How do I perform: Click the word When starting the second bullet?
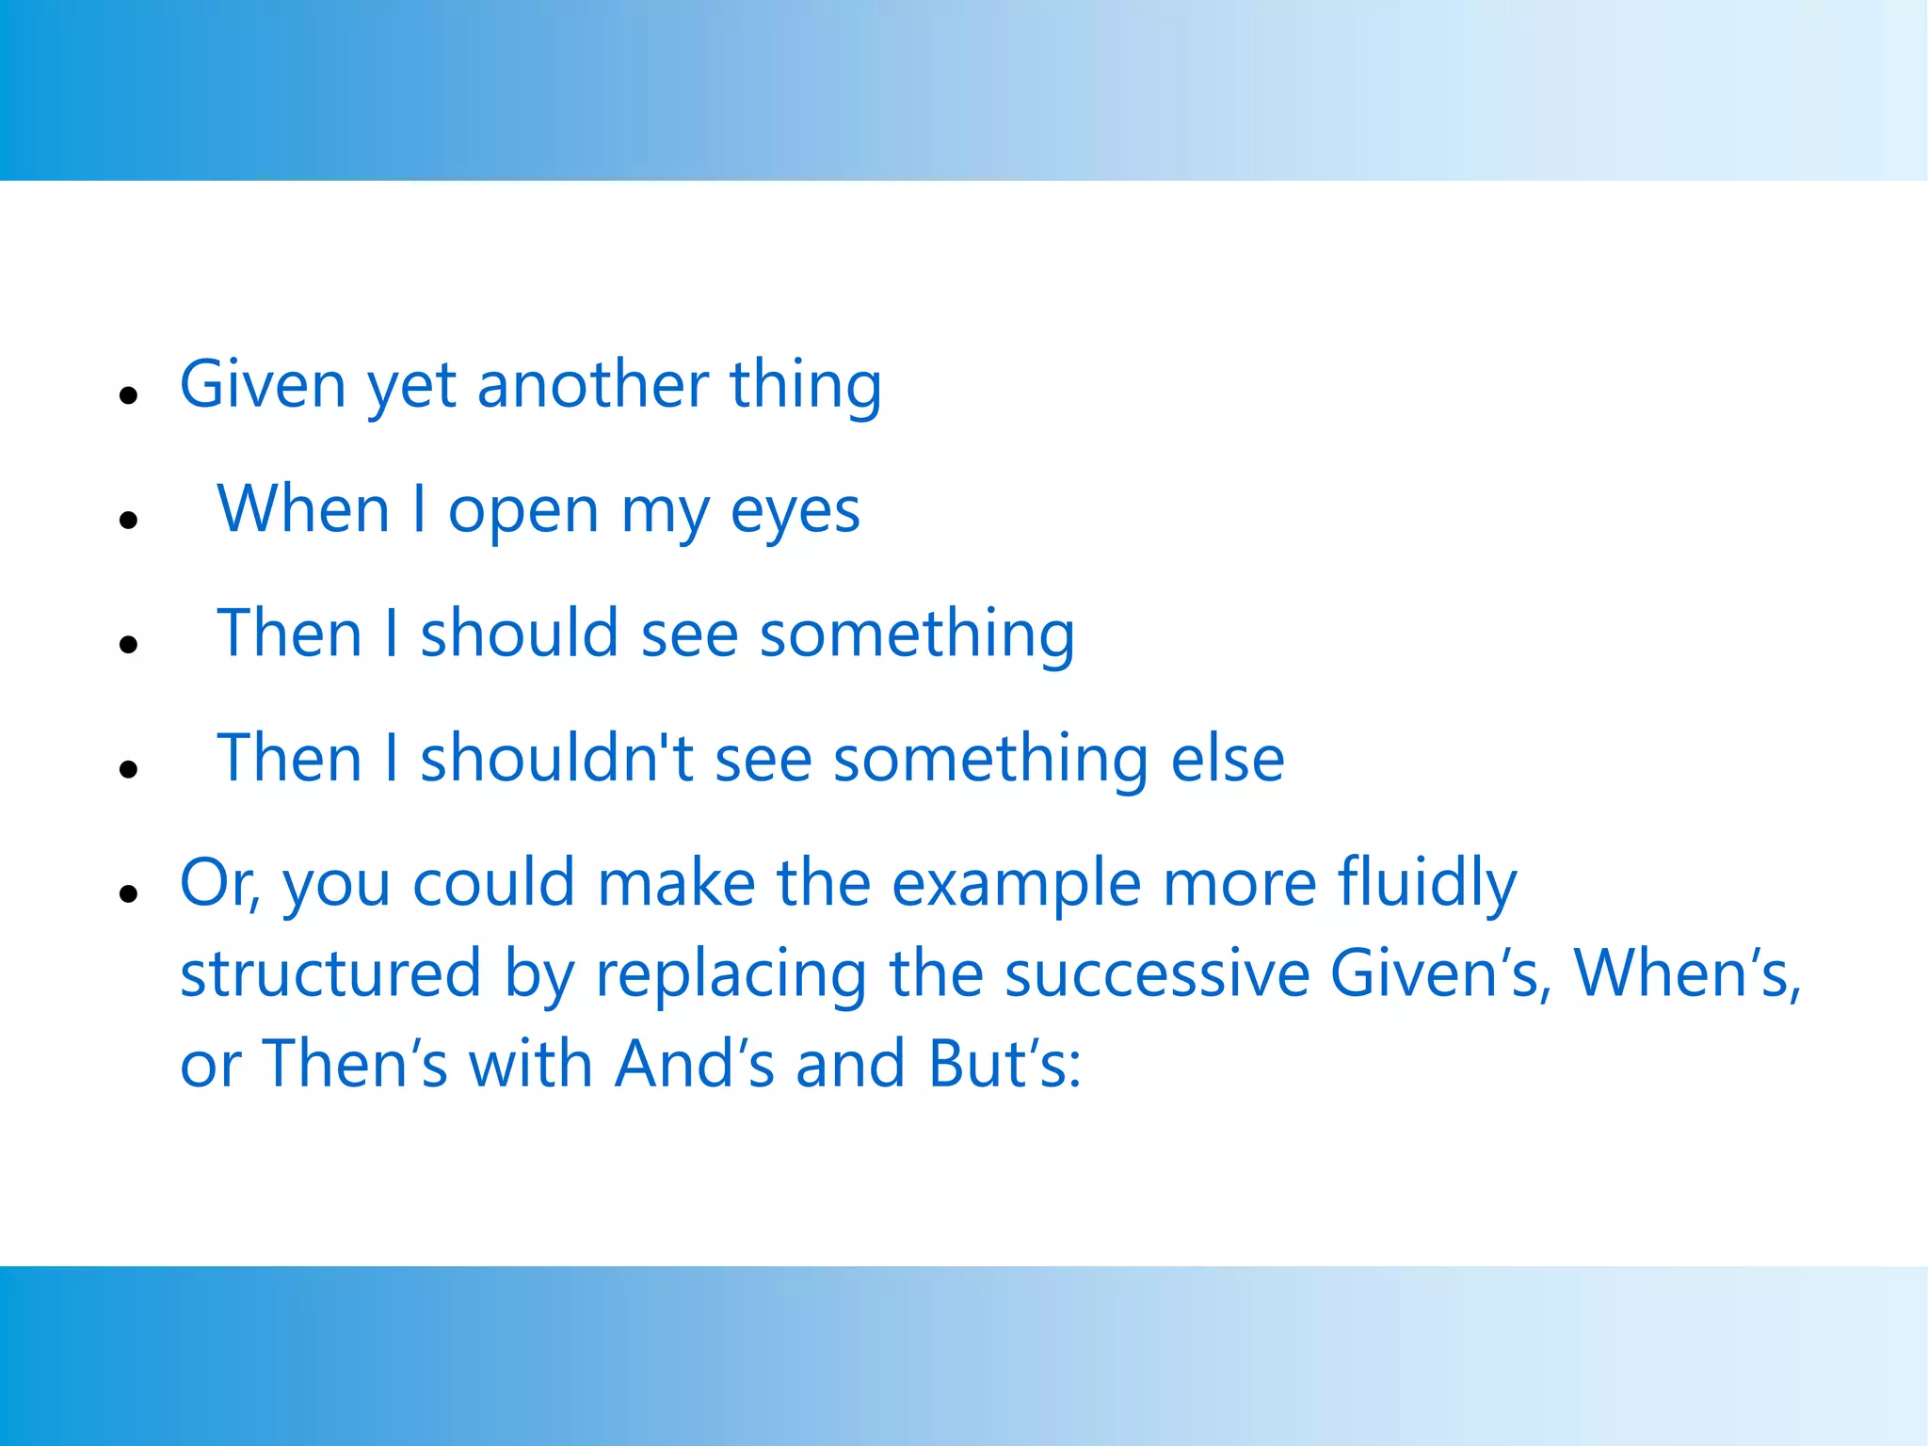[303, 509]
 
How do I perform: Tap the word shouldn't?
[556, 758]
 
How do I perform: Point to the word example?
[1017, 885]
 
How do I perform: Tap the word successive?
[1157, 973]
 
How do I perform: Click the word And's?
[695, 1064]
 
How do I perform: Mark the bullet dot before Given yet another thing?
[129, 395]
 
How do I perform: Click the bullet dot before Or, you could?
[129, 894]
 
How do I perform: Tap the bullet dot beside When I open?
[129, 520]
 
